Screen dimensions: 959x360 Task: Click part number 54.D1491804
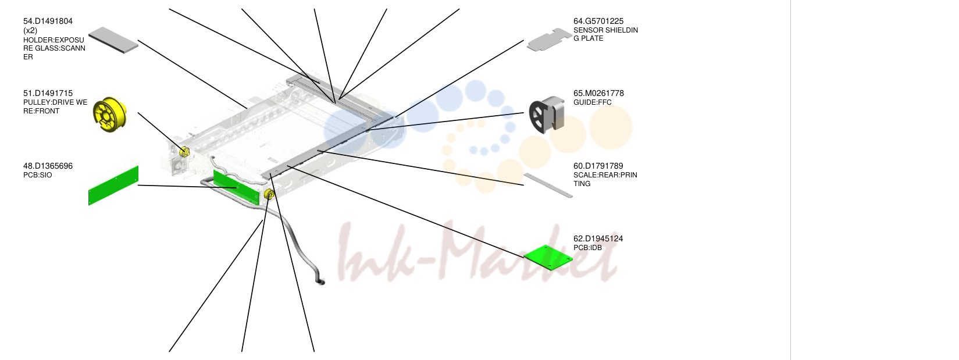click(48, 21)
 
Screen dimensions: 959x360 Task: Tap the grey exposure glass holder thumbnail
click(113, 40)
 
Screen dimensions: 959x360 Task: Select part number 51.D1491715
click(48, 93)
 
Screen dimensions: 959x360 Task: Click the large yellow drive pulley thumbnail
click(110, 115)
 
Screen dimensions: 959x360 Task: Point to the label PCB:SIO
click(38, 175)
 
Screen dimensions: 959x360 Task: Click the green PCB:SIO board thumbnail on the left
click(113, 186)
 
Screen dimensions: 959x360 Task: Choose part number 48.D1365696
click(48, 166)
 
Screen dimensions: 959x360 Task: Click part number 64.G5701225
click(598, 21)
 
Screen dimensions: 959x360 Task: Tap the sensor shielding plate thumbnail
click(549, 40)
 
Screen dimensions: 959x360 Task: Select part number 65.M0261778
click(598, 93)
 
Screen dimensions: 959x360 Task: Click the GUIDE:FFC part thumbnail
click(547, 115)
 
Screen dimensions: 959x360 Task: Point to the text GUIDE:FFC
click(593, 102)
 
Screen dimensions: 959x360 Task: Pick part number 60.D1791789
click(598, 166)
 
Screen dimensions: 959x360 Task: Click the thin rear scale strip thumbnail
click(548, 186)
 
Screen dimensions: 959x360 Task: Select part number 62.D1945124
click(598, 239)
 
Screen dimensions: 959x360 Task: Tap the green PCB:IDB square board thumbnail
click(548, 258)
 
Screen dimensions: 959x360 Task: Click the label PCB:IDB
click(587, 248)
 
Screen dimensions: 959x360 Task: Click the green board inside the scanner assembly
click(236, 187)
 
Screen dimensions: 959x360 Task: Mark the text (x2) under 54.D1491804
click(30, 31)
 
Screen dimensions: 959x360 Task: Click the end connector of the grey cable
click(320, 281)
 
